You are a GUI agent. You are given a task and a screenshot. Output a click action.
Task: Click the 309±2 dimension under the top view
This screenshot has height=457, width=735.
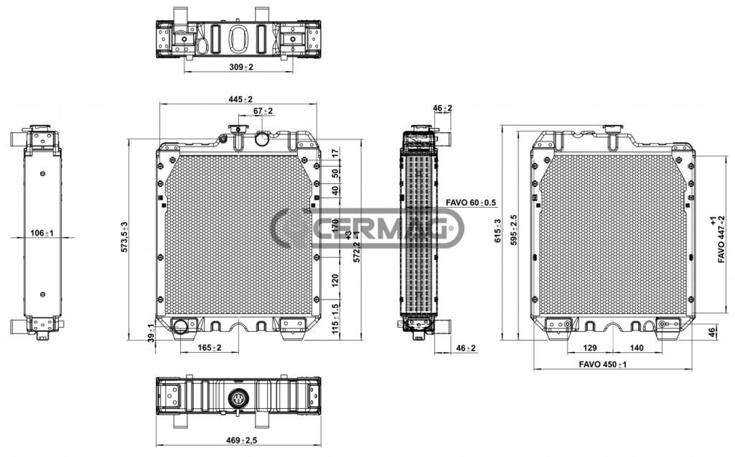click(241, 67)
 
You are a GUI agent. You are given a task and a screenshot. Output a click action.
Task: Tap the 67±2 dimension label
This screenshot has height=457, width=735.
click(263, 111)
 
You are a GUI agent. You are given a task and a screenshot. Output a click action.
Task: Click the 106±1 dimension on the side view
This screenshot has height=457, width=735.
click(43, 233)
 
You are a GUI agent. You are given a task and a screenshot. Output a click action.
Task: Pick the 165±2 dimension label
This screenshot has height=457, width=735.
click(209, 348)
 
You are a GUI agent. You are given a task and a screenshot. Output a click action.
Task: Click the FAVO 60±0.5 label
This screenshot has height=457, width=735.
click(472, 203)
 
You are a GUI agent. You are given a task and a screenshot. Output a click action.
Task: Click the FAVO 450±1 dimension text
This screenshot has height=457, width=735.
click(603, 365)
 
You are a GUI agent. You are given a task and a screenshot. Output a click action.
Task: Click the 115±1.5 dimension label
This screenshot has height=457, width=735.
click(335, 318)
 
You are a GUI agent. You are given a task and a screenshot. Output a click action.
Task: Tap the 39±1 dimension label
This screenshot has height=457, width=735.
click(151, 333)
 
